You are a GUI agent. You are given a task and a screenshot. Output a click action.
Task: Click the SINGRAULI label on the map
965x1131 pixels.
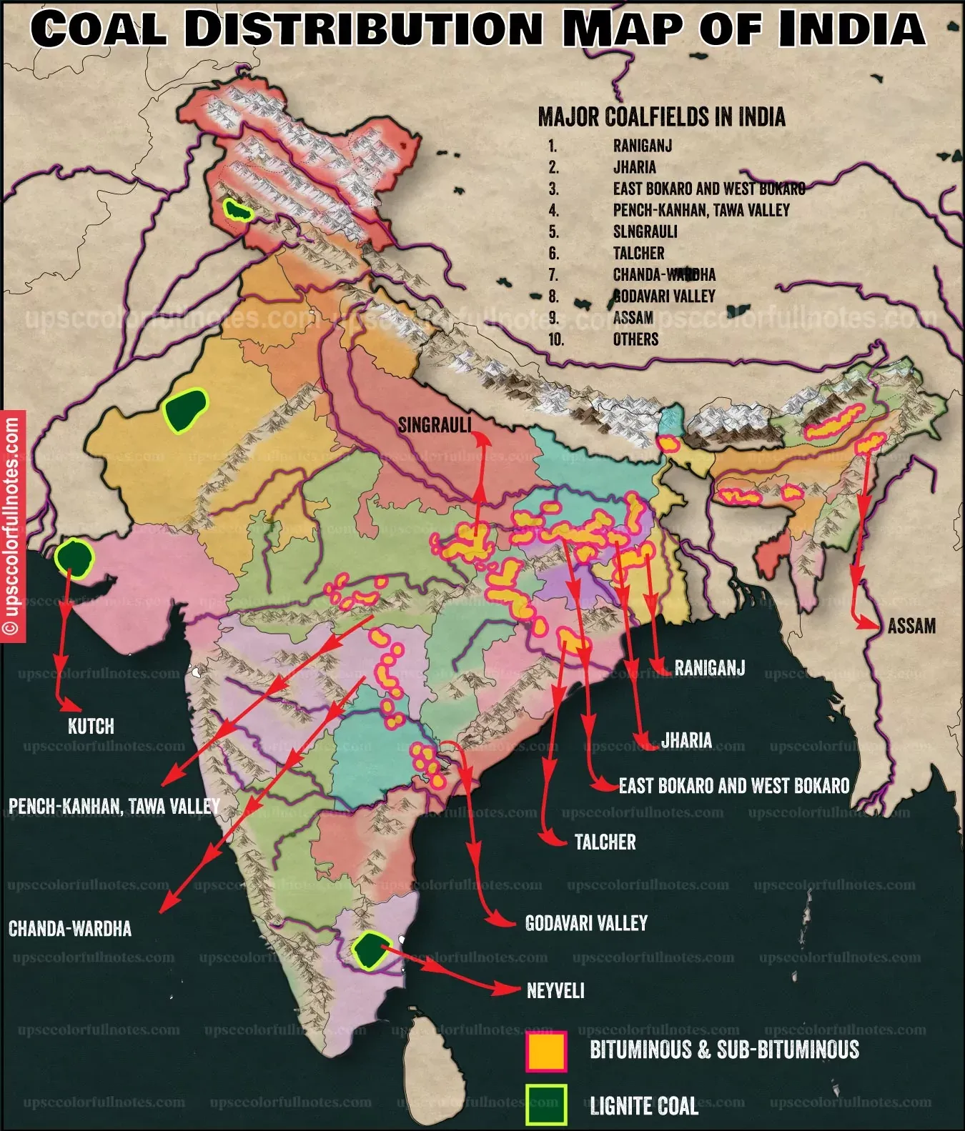pos(435,425)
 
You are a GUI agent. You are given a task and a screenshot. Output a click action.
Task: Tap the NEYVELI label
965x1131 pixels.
pos(555,990)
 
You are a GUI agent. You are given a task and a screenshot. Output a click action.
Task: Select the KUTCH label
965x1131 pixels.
pos(91,727)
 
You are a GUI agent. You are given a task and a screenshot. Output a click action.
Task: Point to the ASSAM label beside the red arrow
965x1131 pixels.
pos(911,627)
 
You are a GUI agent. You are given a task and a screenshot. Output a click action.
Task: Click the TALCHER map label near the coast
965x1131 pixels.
pos(605,842)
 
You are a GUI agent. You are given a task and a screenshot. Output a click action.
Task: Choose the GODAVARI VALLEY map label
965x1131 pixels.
pos(586,923)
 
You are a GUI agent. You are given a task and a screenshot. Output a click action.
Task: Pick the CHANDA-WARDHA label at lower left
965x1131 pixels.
pos(70,929)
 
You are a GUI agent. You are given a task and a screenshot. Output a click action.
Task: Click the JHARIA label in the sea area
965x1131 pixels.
pos(686,740)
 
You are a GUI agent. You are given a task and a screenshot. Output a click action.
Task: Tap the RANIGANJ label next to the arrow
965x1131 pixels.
pos(709,668)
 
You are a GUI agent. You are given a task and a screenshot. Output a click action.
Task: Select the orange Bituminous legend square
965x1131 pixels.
pos(546,1051)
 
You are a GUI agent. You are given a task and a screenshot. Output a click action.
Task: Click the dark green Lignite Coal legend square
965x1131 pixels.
pos(546,1105)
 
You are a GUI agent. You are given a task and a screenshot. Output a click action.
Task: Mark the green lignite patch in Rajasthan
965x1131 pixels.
pos(184,409)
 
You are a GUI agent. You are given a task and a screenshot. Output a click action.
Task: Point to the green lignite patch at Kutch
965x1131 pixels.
pos(74,558)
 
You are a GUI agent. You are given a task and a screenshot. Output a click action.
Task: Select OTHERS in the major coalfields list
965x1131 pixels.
pos(635,339)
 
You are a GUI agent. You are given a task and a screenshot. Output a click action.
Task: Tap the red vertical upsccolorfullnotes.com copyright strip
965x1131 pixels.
pos(12,526)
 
